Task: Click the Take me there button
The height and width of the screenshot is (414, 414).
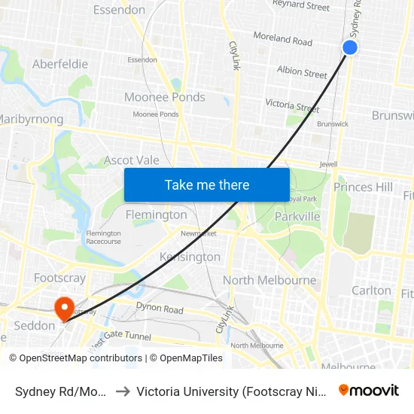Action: click(x=207, y=184)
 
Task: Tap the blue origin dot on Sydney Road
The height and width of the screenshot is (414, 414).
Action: click(x=350, y=47)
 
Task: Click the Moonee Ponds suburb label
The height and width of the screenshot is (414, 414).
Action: click(x=164, y=97)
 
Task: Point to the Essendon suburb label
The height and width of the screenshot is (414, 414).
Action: click(x=119, y=10)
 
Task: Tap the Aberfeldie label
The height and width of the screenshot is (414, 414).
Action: click(x=60, y=64)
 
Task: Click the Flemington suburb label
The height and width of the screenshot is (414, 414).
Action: click(x=157, y=215)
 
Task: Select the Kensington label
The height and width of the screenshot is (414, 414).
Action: click(x=190, y=257)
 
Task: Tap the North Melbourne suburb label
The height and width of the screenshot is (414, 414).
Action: click(x=269, y=280)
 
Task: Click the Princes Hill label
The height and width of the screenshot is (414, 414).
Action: click(x=364, y=187)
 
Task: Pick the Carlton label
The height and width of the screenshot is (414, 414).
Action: click(x=372, y=290)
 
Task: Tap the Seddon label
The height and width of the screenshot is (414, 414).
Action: click(x=35, y=326)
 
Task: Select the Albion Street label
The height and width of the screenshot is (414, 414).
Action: click(x=302, y=72)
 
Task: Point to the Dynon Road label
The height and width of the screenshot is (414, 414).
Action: click(x=160, y=308)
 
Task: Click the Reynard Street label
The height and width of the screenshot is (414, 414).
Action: click(x=301, y=6)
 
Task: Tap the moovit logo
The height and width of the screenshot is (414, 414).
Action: click(x=369, y=390)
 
